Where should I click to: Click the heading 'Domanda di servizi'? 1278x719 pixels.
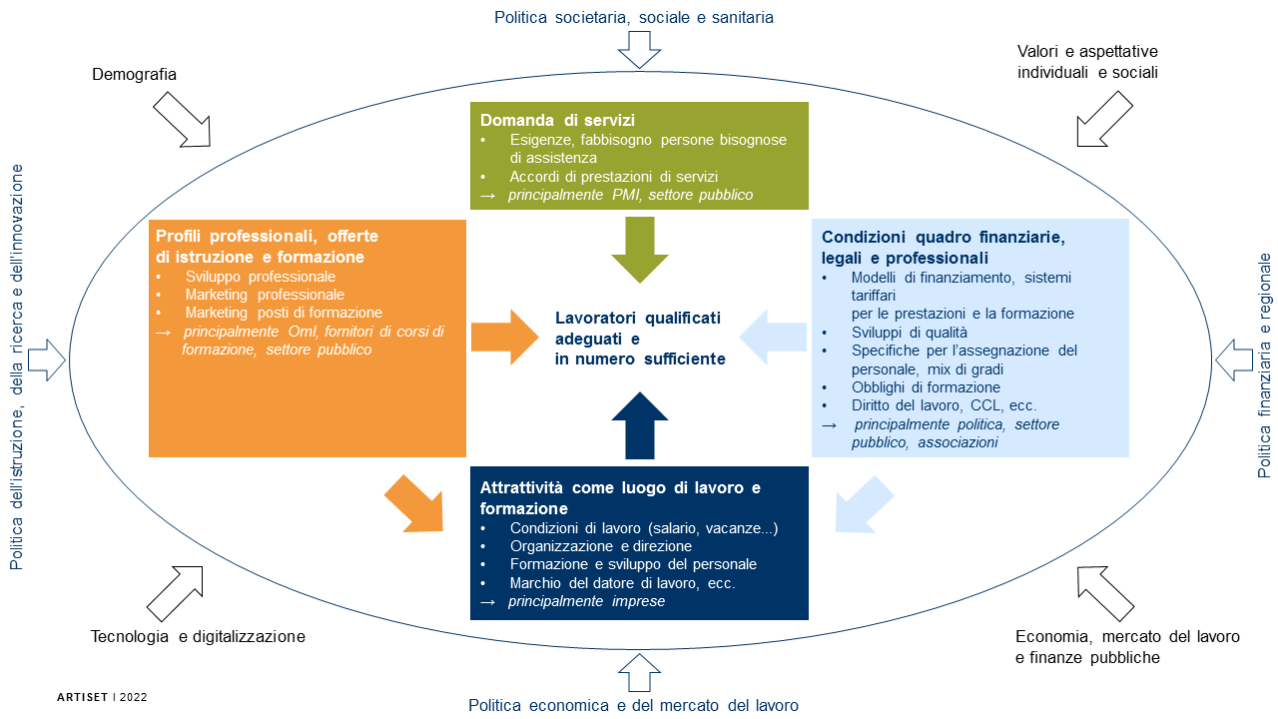(x=544, y=120)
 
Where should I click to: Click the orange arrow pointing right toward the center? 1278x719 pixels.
(x=504, y=337)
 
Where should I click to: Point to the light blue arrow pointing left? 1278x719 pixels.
(x=775, y=337)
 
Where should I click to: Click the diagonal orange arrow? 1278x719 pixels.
(x=413, y=502)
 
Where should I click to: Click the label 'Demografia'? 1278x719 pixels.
(x=134, y=74)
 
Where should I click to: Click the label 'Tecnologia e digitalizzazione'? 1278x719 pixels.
(x=198, y=636)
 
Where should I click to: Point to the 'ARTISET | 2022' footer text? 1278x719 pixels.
(x=102, y=696)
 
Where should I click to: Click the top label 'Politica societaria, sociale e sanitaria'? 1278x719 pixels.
(x=634, y=17)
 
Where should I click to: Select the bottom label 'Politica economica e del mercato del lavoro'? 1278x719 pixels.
(x=634, y=705)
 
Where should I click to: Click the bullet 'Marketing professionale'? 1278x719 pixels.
(x=265, y=295)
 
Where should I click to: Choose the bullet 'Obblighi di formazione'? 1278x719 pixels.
(x=926, y=387)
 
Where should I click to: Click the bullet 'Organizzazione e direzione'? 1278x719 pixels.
(x=600, y=546)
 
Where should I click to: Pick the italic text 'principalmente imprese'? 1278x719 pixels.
(x=586, y=601)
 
